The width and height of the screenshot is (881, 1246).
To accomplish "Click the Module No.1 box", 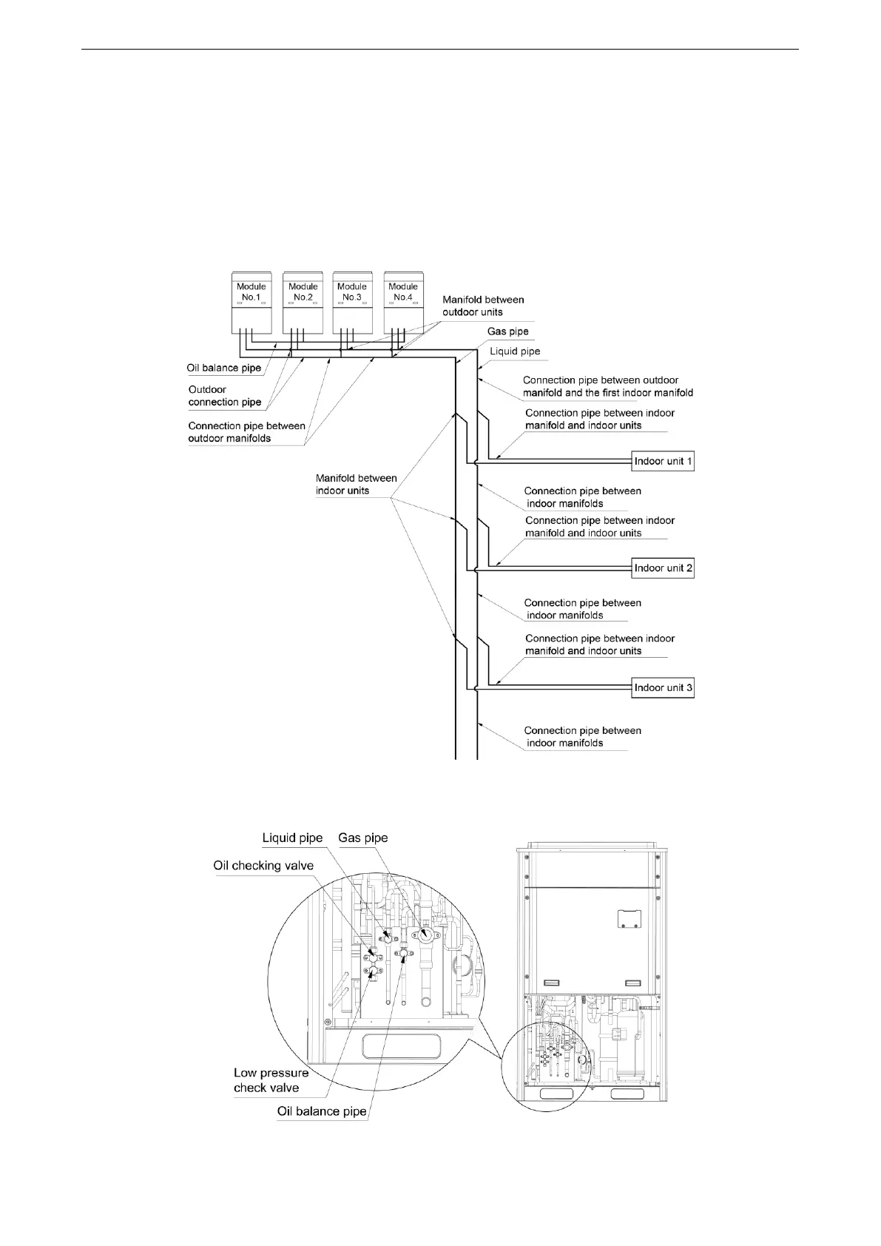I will (x=252, y=301).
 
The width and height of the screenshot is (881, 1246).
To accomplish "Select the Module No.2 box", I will (x=303, y=301).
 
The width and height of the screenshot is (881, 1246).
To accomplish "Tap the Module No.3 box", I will (x=352, y=301).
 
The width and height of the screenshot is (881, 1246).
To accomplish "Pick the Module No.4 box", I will (x=403, y=301).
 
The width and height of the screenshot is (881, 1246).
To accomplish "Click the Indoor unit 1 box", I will (x=663, y=462).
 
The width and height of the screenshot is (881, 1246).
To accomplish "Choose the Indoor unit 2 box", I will (x=663, y=568).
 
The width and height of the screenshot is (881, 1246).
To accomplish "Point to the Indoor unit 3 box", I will (x=663, y=688).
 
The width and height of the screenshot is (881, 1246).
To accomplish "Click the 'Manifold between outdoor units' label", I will (x=483, y=306).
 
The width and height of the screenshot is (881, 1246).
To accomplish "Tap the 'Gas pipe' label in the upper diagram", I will (x=507, y=331).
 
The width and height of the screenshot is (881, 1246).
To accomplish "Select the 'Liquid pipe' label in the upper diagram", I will (x=515, y=351).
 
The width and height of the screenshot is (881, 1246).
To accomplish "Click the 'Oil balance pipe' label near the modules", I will (x=224, y=368).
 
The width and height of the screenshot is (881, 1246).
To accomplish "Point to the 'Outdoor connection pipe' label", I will (x=225, y=396).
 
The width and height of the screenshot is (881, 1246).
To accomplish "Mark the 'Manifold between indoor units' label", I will (x=356, y=484).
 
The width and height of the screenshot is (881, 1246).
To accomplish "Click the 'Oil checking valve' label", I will (x=263, y=866).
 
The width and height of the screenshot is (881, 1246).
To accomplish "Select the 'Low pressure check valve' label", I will (x=271, y=1080).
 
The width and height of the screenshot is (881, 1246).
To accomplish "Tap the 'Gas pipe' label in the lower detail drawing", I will (x=362, y=838).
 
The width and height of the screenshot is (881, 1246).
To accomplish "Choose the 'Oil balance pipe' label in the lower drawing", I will (x=322, y=1111).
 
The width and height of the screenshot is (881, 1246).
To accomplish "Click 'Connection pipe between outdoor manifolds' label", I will (x=246, y=432).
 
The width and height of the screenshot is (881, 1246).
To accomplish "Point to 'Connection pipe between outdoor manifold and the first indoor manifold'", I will (x=607, y=386).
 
